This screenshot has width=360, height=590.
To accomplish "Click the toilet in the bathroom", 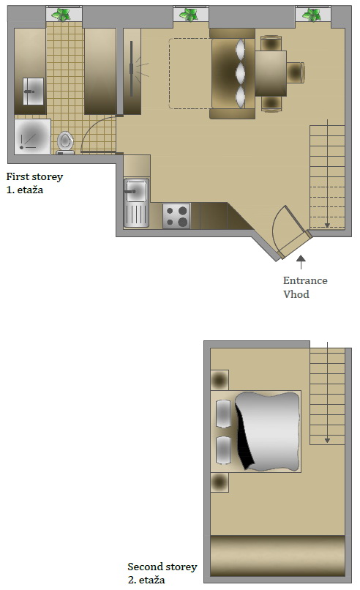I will (x=66, y=141).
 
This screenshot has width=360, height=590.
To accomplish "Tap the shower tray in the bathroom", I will (x=32, y=136).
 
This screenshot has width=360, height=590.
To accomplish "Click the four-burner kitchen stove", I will (x=176, y=216).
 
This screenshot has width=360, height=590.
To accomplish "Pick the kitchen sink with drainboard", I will (x=136, y=203).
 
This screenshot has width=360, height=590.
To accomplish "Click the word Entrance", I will (x=305, y=280).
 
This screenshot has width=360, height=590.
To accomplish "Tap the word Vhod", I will (x=296, y=294).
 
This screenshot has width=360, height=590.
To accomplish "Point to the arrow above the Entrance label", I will (x=300, y=259).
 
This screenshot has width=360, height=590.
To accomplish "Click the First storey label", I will (x=34, y=176).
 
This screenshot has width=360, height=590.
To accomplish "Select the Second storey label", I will (x=162, y=567).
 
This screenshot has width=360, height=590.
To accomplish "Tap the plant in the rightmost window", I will (x=312, y=14).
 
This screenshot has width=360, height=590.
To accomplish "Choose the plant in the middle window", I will (x=190, y=14).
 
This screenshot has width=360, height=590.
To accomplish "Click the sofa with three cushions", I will (x=232, y=74).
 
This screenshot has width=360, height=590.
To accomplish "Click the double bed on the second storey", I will (x=260, y=431).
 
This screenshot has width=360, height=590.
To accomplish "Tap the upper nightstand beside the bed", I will (x=220, y=380).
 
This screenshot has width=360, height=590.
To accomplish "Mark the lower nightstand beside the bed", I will (x=220, y=482).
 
